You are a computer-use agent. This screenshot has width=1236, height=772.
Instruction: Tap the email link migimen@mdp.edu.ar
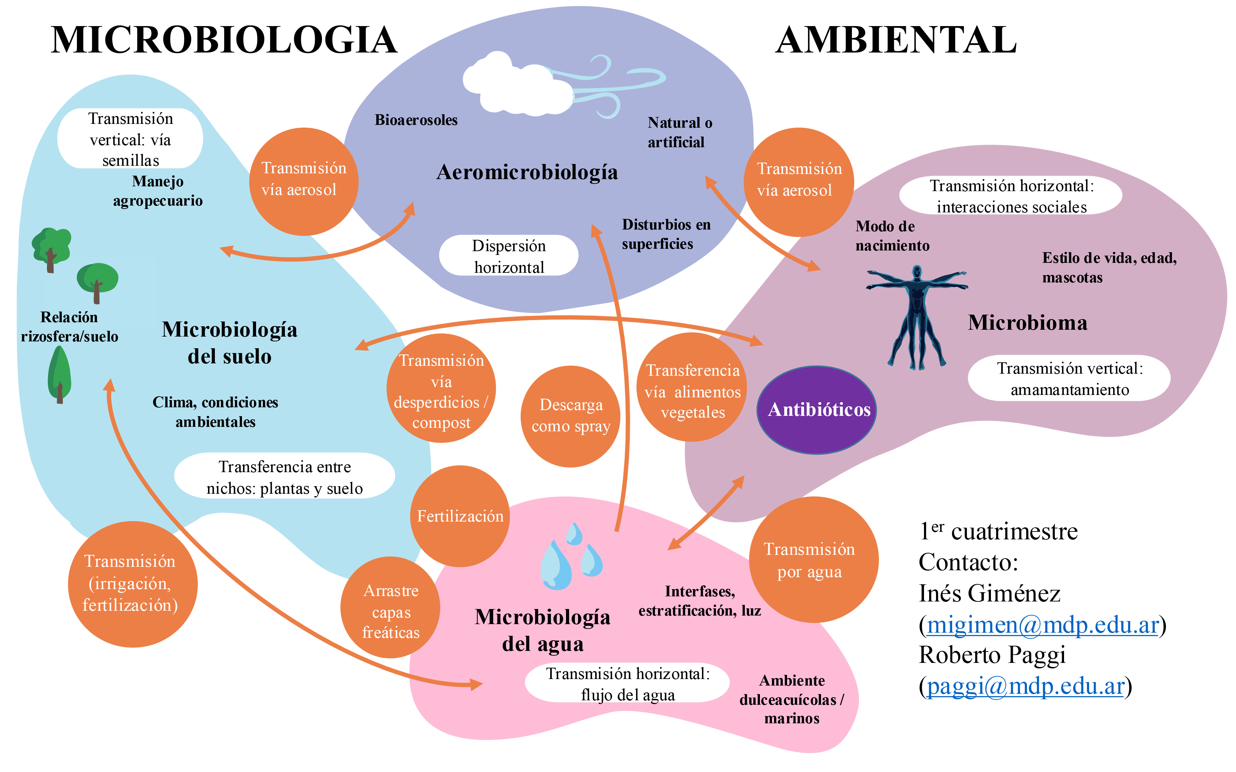[x=1042, y=624]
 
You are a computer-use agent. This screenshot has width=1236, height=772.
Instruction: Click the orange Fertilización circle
[x=460, y=516]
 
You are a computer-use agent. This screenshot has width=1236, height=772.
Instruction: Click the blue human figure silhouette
[x=917, y=317]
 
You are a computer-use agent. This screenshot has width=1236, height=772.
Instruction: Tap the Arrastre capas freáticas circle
[x=390, y=608]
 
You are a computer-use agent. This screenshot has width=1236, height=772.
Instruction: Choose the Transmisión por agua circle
[x=813, y=560]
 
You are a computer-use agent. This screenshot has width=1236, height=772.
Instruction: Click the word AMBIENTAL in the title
[x=896, y=40]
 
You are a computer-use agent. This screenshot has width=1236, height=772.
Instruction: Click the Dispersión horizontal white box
[x=509, y=256]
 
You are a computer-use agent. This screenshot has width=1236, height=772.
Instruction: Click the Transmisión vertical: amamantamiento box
[x=1069, y=378]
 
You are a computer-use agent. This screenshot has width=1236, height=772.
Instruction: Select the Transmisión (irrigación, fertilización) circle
[x=132, y=584]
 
